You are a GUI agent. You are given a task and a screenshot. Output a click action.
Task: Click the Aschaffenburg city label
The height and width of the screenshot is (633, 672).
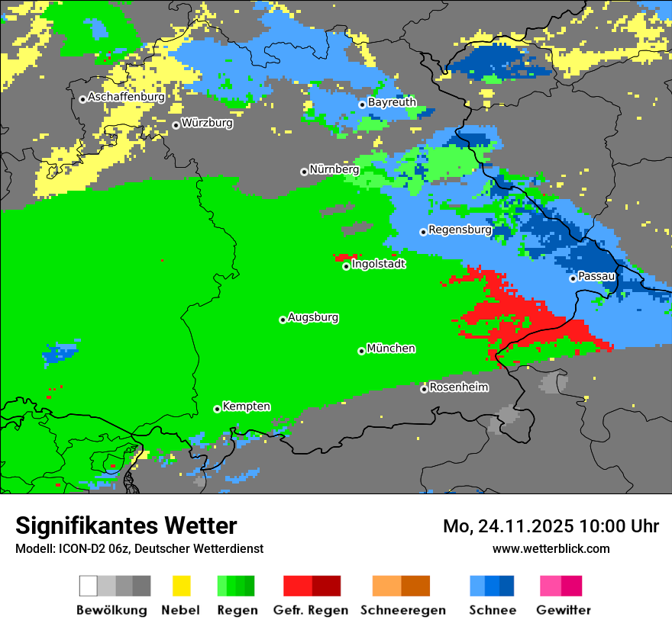pos(126,98)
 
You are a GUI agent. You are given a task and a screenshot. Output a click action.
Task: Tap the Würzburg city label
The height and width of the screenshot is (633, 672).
pos(207,123)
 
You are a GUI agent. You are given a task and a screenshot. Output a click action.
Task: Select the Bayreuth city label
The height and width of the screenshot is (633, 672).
pos(392,102)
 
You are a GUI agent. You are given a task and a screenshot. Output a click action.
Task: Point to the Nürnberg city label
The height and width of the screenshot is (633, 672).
pos(334,170)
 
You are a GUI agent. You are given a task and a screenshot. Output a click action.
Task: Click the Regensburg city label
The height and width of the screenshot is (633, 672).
pos(460,230)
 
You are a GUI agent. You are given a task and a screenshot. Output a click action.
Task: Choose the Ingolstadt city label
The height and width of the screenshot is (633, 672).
pos(378,265)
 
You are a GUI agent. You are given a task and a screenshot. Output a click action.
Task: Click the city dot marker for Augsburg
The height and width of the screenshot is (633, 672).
pos(283,320)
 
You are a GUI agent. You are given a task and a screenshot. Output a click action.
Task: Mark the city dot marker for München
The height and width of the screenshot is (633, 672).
pos(361,351)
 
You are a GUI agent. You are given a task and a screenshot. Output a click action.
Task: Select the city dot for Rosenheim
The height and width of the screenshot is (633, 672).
pos(424,389)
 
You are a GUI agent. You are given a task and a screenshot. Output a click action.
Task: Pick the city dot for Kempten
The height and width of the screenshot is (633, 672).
pos(217,409)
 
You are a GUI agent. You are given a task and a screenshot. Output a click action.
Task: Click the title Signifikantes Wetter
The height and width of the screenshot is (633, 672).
pos(126,526)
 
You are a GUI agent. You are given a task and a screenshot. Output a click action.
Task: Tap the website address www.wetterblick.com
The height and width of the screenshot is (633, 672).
pos(551,549)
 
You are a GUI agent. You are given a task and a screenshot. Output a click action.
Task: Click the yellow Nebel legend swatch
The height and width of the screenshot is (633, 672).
pos(181,586)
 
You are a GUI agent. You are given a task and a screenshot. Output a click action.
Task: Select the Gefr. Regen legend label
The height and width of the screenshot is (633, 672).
pos(311,610)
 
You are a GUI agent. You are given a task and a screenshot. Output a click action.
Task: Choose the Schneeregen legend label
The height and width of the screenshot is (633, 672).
pos(402,610)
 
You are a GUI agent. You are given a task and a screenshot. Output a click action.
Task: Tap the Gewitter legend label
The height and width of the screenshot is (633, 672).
pos(563,610)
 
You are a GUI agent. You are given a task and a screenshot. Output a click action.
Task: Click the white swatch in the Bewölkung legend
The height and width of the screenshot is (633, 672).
pos(89,586)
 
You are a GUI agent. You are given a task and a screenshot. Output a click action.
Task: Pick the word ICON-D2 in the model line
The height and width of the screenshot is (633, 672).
pos(78,549)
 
